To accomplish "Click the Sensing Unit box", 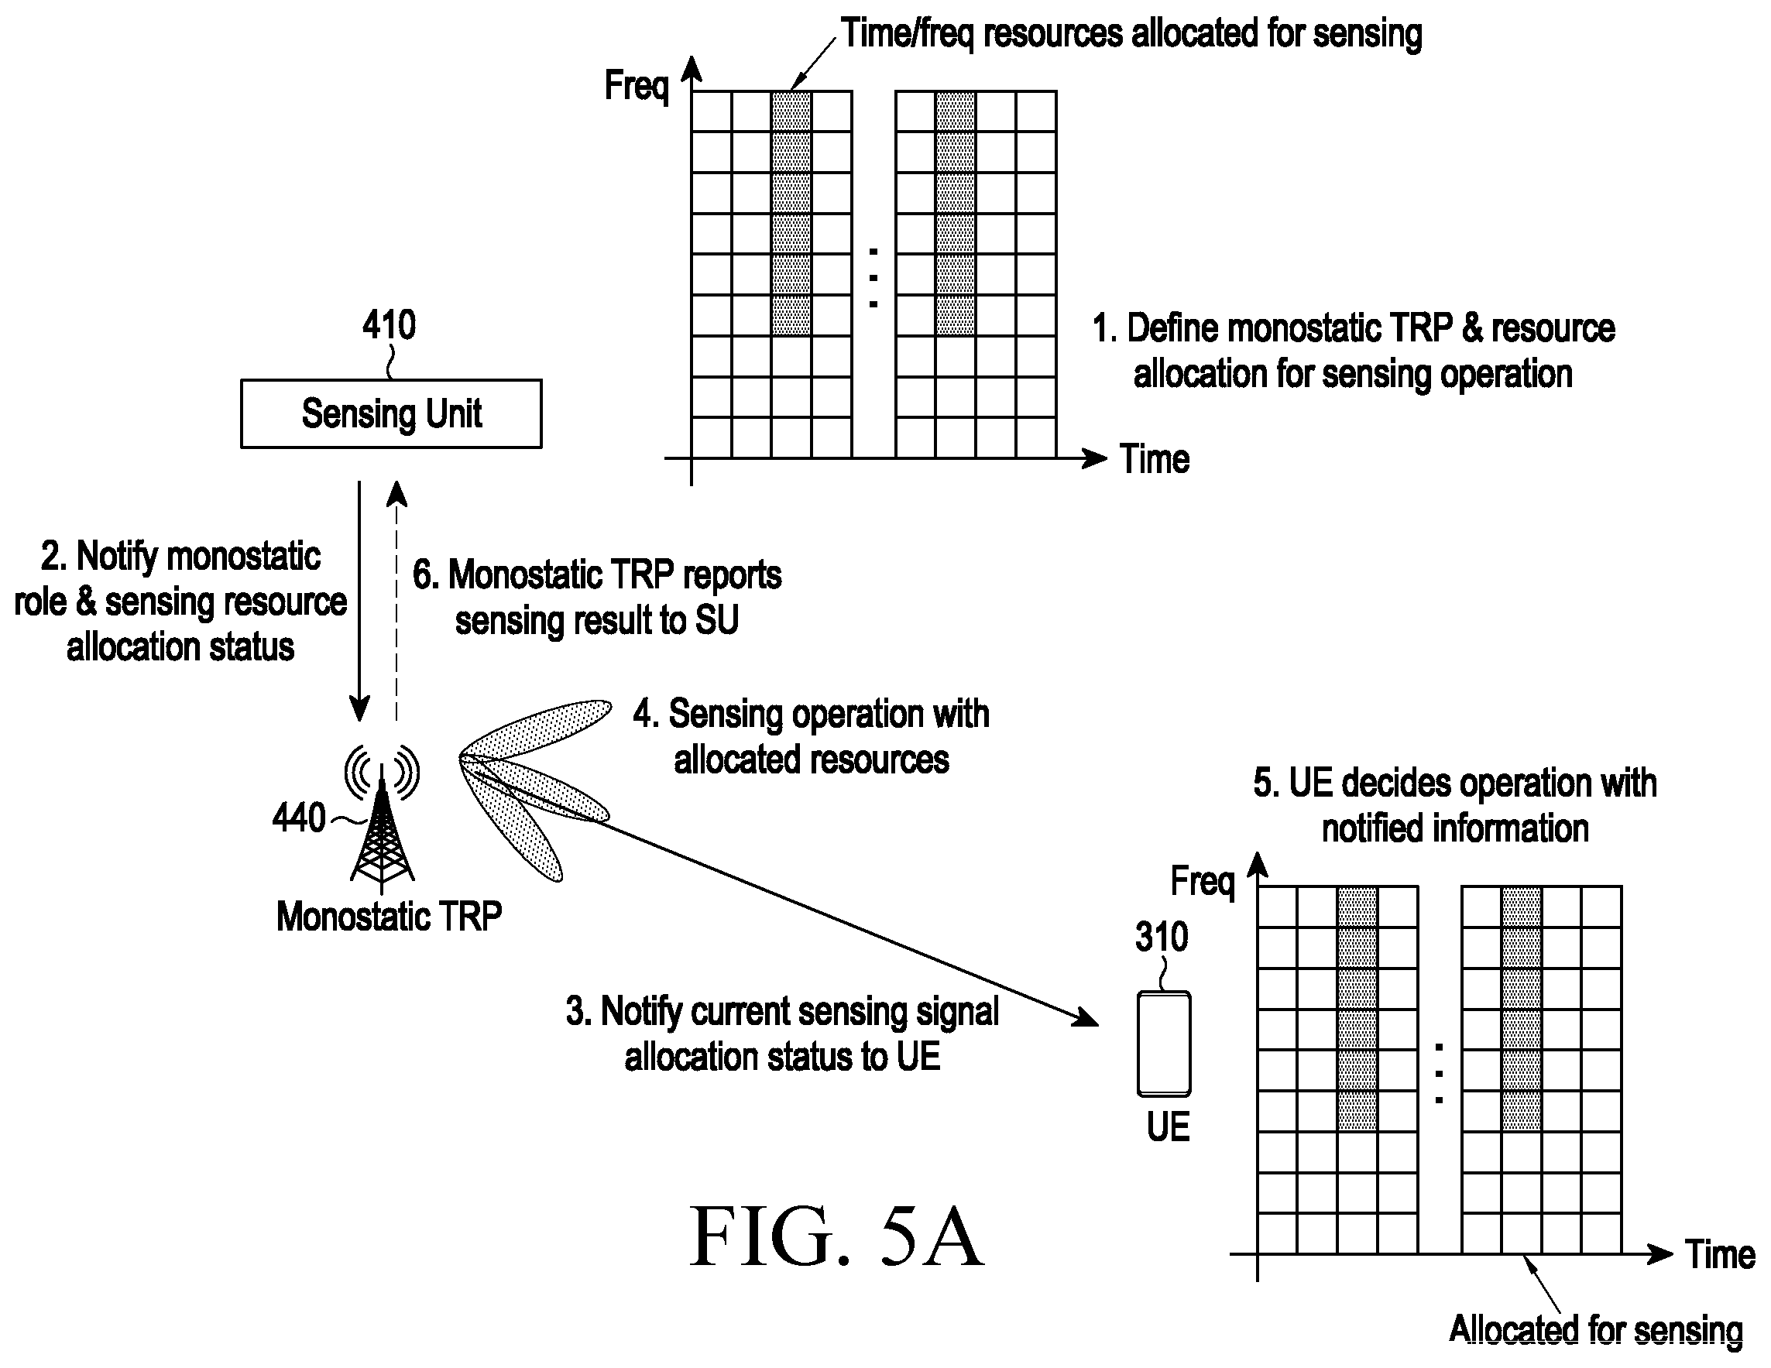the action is (391, 413).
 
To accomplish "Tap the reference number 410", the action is (390, 325).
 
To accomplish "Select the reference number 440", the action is (298, 818).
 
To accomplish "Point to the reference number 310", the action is (1162, 937).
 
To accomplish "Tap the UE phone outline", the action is (1164, 1044).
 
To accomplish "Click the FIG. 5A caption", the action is (837, 1236).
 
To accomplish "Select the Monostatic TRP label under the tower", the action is (390, 917).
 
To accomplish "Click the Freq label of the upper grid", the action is (637, 86).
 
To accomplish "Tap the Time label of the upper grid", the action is (1155, 459).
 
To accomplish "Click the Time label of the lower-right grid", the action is (1721, 1254).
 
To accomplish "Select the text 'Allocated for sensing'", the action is (1596, 1330).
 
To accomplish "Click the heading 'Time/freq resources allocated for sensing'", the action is (1131, 34).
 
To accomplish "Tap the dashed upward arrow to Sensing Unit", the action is (396, 601).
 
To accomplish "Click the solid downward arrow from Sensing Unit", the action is (359, 601).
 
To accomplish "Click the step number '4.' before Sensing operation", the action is (647, 715).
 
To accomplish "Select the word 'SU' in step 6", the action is (717, 620).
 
